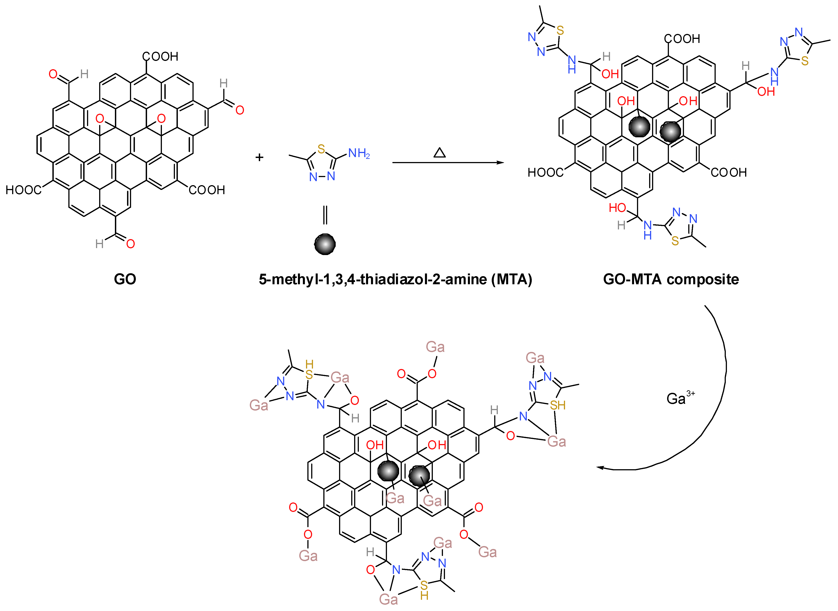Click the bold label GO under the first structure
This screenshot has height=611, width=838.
coord(125,279)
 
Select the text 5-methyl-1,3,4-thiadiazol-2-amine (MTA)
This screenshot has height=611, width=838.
coord(395,279)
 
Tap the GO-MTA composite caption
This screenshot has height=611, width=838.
coord(671,279)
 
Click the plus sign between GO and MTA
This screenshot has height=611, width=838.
coord(259,158)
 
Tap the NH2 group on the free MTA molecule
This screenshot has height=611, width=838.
coord(358,153)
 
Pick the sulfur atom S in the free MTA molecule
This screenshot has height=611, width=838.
coord(321,149)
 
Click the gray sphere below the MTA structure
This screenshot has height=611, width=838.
coord(325,244)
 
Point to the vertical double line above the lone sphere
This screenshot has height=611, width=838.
coord(325,215)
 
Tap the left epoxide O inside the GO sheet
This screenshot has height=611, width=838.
coord(100,119)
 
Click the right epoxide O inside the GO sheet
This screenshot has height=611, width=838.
coord(161,118)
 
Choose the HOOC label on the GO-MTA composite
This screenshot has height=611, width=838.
coord(545,172)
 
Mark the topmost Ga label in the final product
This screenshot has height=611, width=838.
coord(435,347)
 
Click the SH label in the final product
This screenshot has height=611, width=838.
coord(558,405)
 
